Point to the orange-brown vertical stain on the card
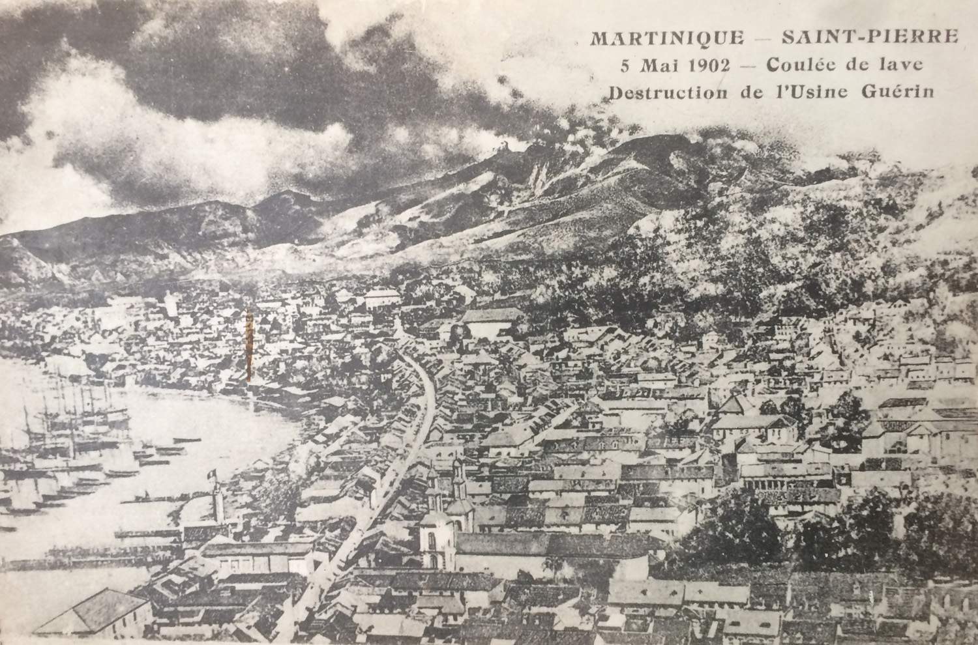point(249,345)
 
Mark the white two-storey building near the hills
point(382,299)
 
